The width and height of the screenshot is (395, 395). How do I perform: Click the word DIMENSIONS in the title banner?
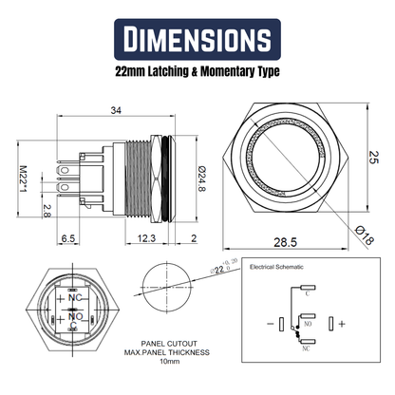(197, 41)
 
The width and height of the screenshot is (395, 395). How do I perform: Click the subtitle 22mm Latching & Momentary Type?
(197, 71)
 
